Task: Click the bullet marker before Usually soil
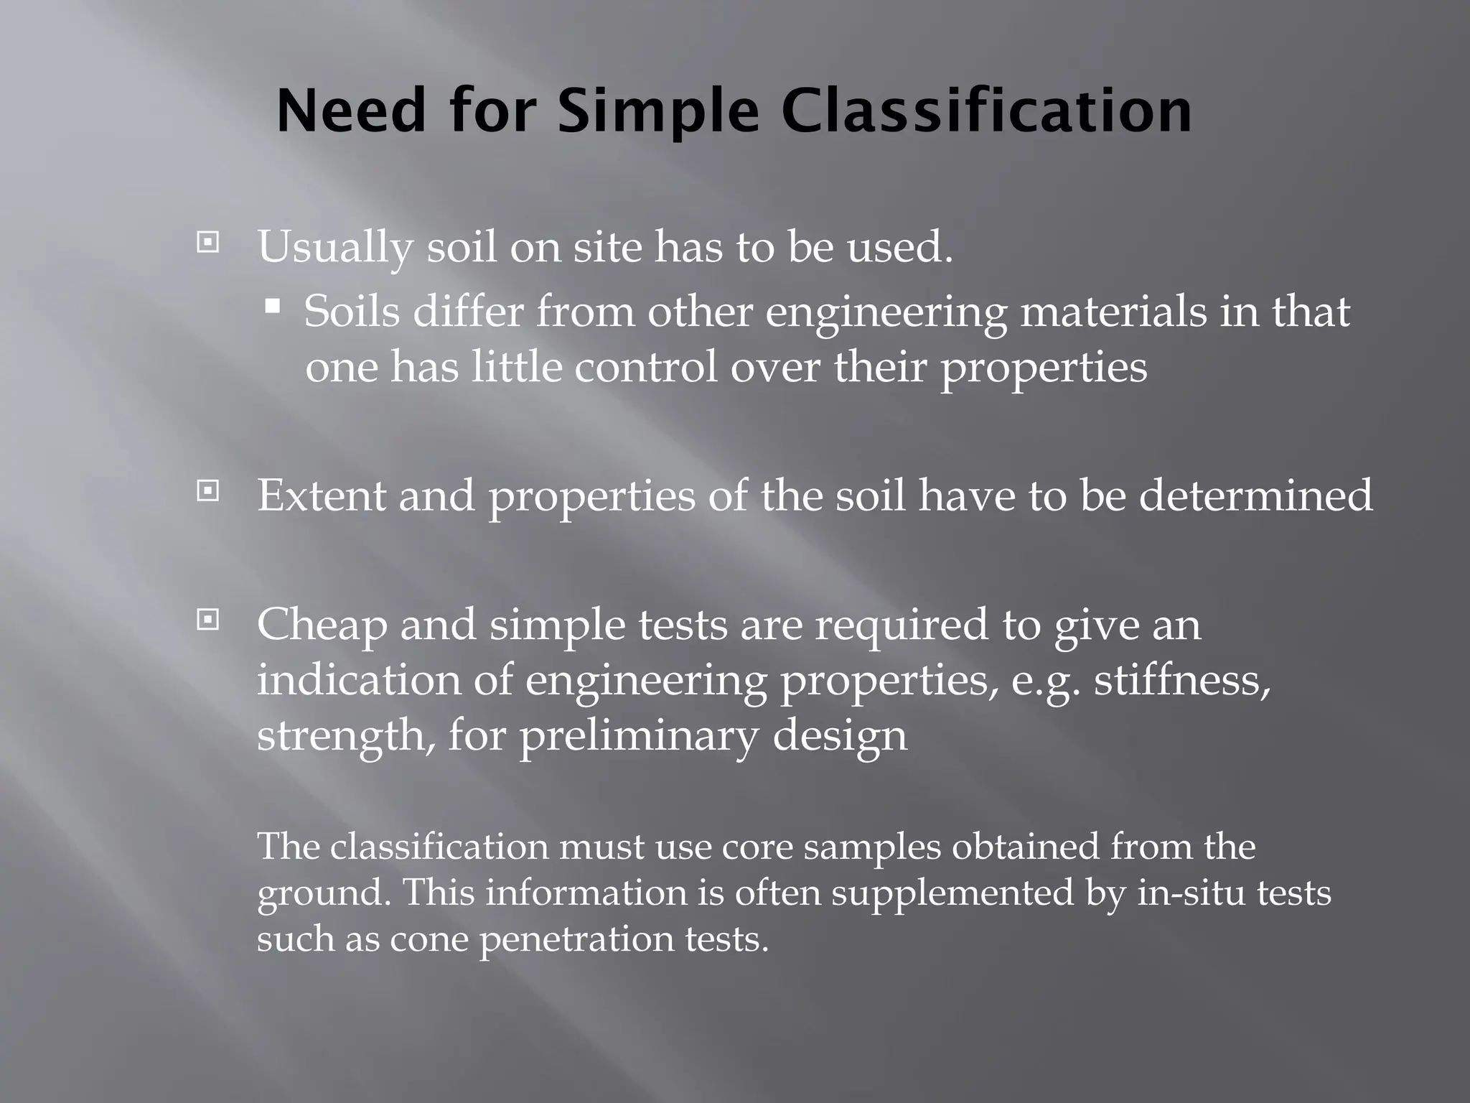point(207,243)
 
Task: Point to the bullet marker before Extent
point(207,491)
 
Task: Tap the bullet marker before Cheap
point(207,619)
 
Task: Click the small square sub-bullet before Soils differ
point(273,307)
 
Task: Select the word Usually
point(335,248)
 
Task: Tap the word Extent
point(322,495)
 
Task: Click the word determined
point(1255,495)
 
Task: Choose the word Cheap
point(322,625)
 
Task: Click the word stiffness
point(1181,679)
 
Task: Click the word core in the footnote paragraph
point(757,847)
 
